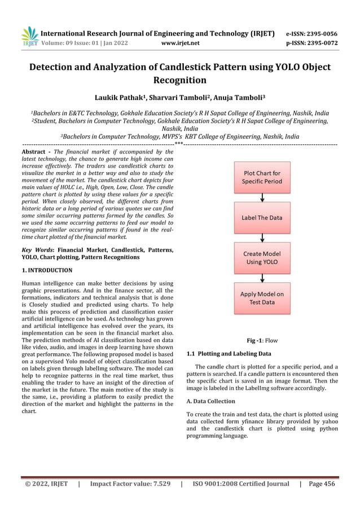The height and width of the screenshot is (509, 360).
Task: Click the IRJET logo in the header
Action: coord(29,36)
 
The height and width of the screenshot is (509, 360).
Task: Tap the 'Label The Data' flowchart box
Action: coord(262,217)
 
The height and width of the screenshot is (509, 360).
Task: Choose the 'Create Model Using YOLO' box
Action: coord(262,258)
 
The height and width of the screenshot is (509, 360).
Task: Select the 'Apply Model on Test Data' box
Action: coord(262,298)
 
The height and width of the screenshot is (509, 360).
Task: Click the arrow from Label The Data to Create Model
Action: coord(262,238)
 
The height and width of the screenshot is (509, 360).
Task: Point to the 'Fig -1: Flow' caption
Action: coord(262,341)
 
